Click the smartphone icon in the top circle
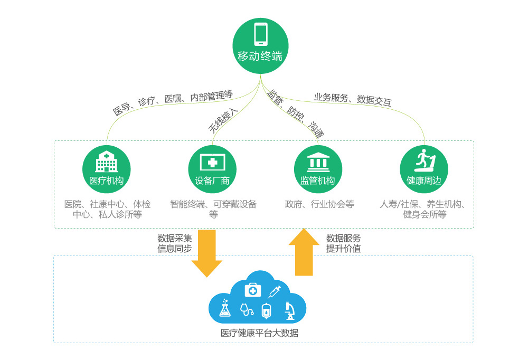[x=261, y=34]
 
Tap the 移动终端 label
[x=260, y=56]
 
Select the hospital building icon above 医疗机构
[x=106, y=162]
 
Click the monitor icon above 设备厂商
[x=212, y=162]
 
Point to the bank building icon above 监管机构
[x=318, y=161]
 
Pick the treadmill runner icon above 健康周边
[x=424, y=160]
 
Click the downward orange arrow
[x=207, y=253]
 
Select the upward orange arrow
[x=304, y=252]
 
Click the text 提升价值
[x=344, y=249]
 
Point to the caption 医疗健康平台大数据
[x=259, y=333]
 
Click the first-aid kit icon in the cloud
[x=253, y=289]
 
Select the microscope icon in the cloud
[x=289, y=310]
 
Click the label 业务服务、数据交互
[x=353, y=99]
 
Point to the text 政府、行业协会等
[x=319, y=204]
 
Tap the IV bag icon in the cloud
[x=267, y=311]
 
